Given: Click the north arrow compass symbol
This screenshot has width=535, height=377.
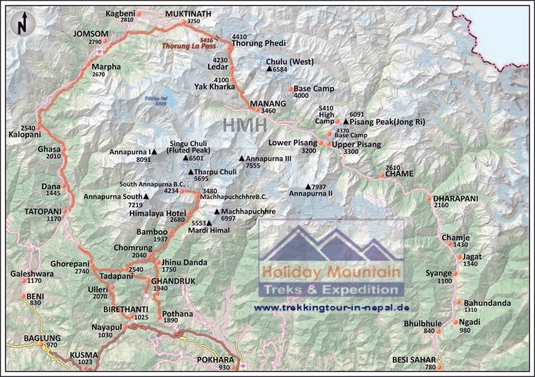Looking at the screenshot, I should pos(22,23).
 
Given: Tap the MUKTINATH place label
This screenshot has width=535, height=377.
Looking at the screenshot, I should pos(188,13).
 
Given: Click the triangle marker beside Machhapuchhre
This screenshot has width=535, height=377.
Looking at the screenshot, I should pos(217,211).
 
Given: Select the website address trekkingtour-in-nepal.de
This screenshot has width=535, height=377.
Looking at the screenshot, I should pos(332,307).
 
